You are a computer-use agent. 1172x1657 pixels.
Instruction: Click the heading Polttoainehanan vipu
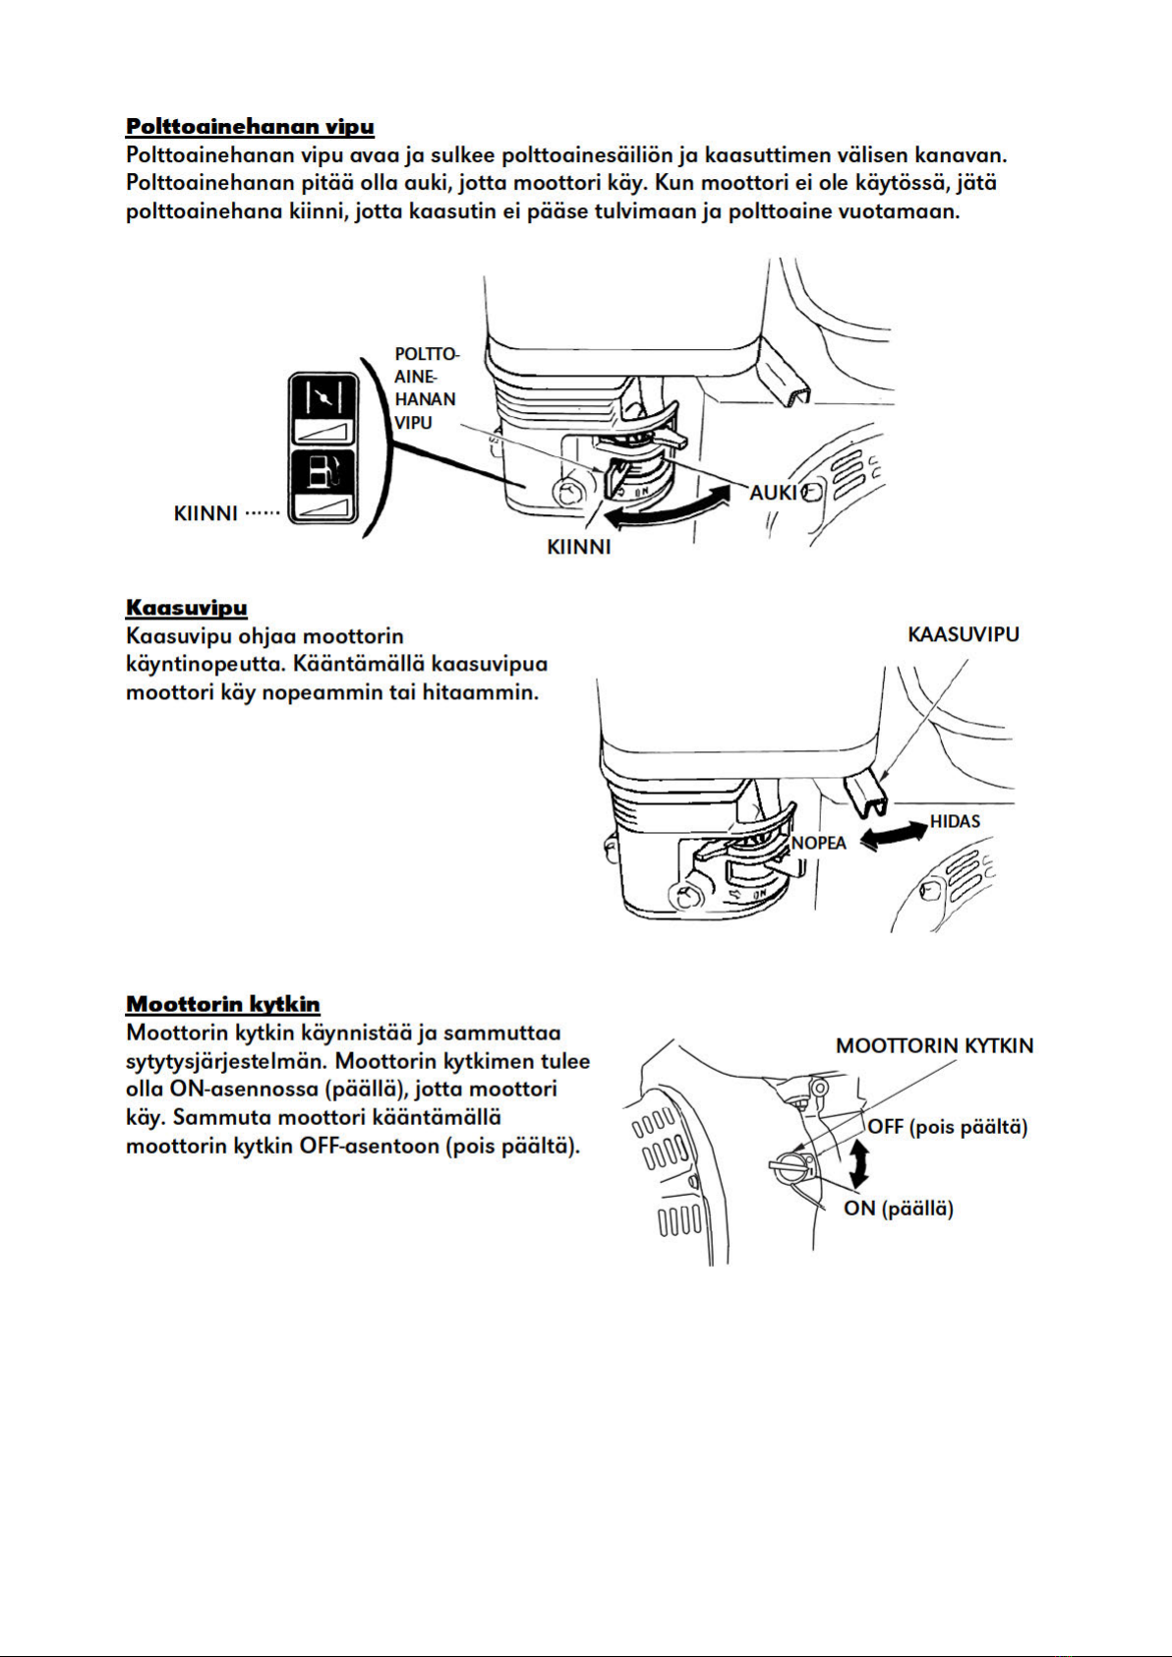(250, 126)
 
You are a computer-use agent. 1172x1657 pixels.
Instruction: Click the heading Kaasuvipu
(187, 607)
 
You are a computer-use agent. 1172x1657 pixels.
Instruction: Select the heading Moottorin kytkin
(223, 1004)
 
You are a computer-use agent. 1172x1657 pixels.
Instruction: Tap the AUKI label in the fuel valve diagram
(773, 492)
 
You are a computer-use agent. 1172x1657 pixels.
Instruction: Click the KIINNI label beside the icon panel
(205, 512)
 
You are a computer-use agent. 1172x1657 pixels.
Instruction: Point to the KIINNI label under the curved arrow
(578, 547)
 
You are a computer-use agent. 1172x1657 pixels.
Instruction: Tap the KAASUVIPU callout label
(964, 634)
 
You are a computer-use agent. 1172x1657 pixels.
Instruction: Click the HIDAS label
(955, 821)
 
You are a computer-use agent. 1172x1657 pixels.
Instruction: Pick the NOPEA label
(818, 843)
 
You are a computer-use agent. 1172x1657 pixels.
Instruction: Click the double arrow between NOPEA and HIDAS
(893, 837)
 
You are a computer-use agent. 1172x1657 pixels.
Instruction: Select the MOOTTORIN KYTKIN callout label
(934, 1045)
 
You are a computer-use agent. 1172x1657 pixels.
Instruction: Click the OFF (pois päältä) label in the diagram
(947, 1127)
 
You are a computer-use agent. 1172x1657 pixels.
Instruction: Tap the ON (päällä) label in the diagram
(898, 1208)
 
